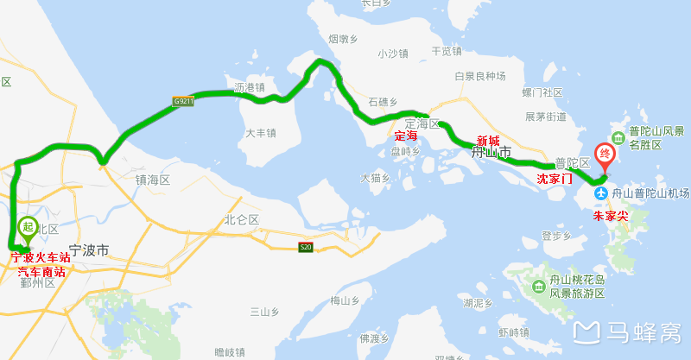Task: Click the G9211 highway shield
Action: [182, 102]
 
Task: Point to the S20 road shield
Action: [305, 249]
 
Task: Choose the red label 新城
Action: [487, 141]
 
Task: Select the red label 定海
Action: [406, 136]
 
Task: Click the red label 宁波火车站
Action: [38, 256]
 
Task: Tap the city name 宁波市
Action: [89, 251]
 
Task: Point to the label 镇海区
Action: [153, 180]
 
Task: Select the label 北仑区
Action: [242, 220]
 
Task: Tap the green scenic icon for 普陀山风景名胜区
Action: [618, 138]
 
